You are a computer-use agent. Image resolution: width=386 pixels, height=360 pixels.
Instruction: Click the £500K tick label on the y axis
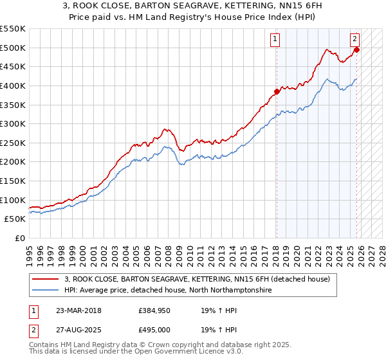coord(13,48)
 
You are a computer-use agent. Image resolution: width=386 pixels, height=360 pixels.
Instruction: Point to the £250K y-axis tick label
coord(13,143)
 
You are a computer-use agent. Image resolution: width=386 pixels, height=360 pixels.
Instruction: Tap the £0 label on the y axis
coord(20,238)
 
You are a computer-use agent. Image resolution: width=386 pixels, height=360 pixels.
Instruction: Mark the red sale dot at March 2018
coord(277,91)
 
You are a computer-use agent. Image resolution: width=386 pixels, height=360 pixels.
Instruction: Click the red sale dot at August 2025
coord(357,50)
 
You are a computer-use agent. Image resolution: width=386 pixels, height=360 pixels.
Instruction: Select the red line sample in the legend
coord(46,279)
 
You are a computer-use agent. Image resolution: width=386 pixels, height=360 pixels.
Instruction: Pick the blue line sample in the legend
coord(46,290)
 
